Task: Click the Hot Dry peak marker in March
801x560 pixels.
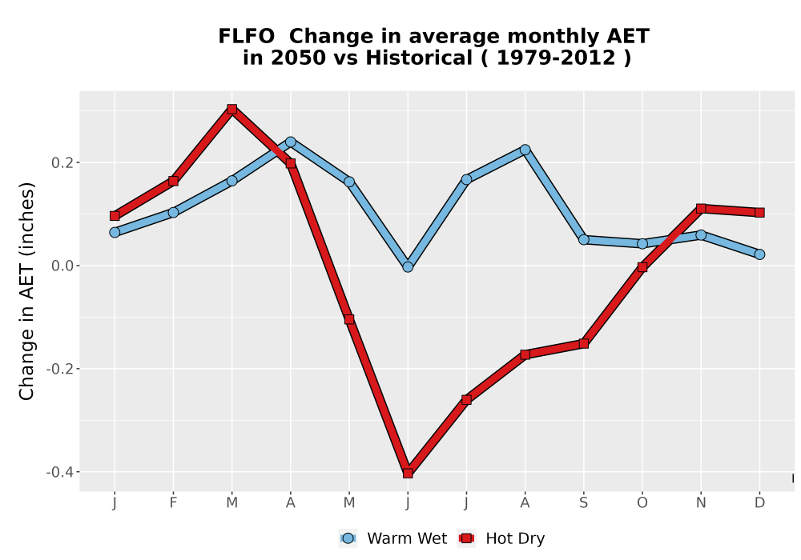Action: point(232,109)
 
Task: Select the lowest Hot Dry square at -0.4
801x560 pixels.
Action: point(408,473)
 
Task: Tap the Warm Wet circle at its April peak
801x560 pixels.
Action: point(291,142)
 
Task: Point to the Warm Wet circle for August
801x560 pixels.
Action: point(525,150)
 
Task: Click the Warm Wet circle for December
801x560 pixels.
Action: point(759,254)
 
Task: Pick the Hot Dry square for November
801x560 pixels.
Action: point(701,209)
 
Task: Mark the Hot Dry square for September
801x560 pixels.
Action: point(584,344)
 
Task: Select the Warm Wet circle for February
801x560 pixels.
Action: point(173,212)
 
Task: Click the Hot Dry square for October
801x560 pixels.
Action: point(642,266)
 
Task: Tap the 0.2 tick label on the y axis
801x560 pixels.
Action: point(62,163)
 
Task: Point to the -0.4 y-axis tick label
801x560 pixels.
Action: point(60,472)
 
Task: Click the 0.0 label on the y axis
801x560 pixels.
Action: point(62,266)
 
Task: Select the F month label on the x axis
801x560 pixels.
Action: point(173,503)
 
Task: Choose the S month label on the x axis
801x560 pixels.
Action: point(584,503)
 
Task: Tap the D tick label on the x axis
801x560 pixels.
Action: point(759,503)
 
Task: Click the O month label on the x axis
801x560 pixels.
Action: point(642,503)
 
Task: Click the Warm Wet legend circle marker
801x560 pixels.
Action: point(348,538)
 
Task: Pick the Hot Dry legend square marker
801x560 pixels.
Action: point(466,538)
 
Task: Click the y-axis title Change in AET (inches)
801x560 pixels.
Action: point(26,291)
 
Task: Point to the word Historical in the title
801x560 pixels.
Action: point(419,58)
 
